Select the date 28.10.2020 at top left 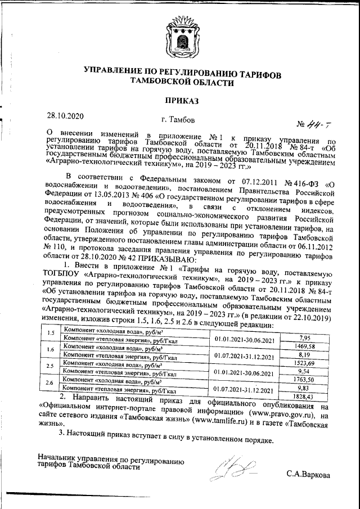click(x=65, y=116)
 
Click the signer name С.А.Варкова click(x=308, y=474)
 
